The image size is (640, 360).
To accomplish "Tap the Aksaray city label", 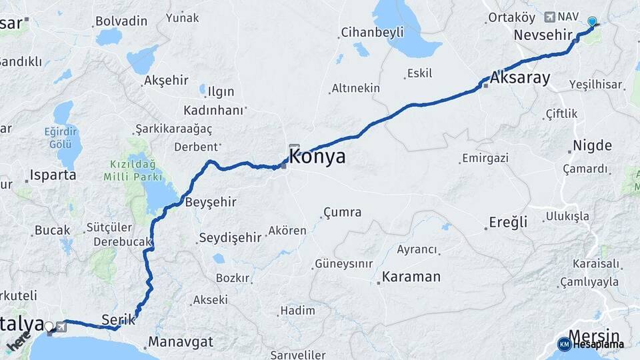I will [x=520, y=78].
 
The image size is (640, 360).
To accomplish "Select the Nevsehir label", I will [x=544, y=35].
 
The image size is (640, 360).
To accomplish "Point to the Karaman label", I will [x=411, y=277].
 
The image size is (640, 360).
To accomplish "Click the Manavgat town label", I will [x=180, y=342].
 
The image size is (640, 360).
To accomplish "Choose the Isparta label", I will [x=53, y=175].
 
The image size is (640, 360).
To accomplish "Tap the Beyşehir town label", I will [x=211, y=201].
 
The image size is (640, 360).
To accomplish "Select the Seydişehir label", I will [x=230, y=237].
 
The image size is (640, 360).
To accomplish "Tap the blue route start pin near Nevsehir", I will [x=592, y=21].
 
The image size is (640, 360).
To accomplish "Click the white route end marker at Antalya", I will [x=49, y=327].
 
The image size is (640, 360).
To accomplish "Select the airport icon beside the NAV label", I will [x=549, y=17].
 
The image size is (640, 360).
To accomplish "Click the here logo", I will [x=19, y=343].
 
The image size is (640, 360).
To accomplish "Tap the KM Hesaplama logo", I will [x=591, y=344].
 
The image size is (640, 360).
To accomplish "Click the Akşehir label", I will [x=166, y=81].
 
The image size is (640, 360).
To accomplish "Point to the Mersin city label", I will [x=593, y=335].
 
